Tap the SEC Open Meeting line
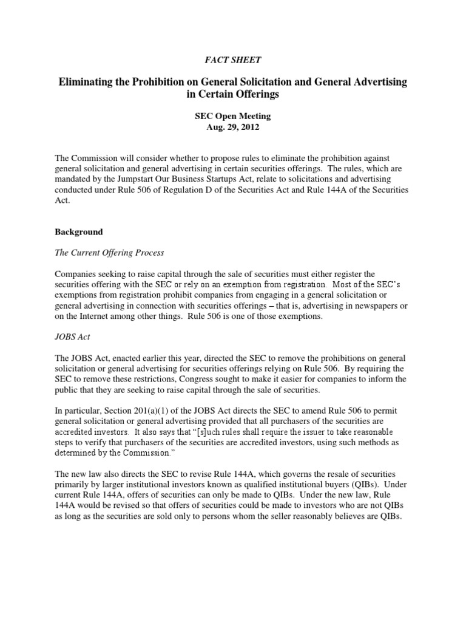tap(232, 115)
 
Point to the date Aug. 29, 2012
tap(232, 126)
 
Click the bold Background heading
tap(79, 232)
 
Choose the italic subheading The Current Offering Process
tap(110, 253)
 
